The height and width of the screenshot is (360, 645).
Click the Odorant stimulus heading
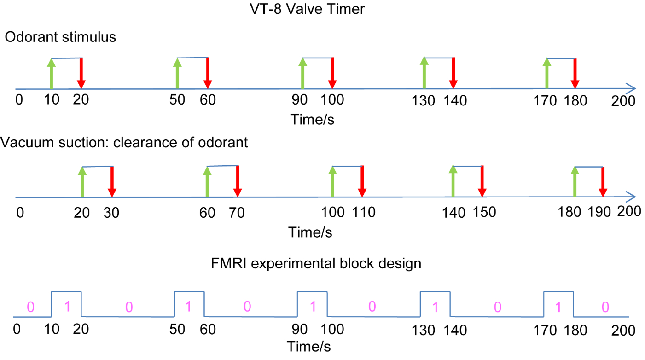[x=60, y=37]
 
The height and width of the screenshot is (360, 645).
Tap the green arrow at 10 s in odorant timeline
[x=51, y=73]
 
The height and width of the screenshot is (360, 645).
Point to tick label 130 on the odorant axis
[x=424, y=100]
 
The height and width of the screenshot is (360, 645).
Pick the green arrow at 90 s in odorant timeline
[x=302, y=73]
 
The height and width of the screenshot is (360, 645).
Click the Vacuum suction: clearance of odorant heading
[x=124, y=142]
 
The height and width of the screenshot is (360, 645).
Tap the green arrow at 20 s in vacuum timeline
[x=82, y=182]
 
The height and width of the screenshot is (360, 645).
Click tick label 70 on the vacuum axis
[x=237, y=213]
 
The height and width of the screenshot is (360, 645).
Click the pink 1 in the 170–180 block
[x=559, y=307]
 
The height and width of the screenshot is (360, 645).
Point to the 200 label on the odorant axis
[x=623, y=100]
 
